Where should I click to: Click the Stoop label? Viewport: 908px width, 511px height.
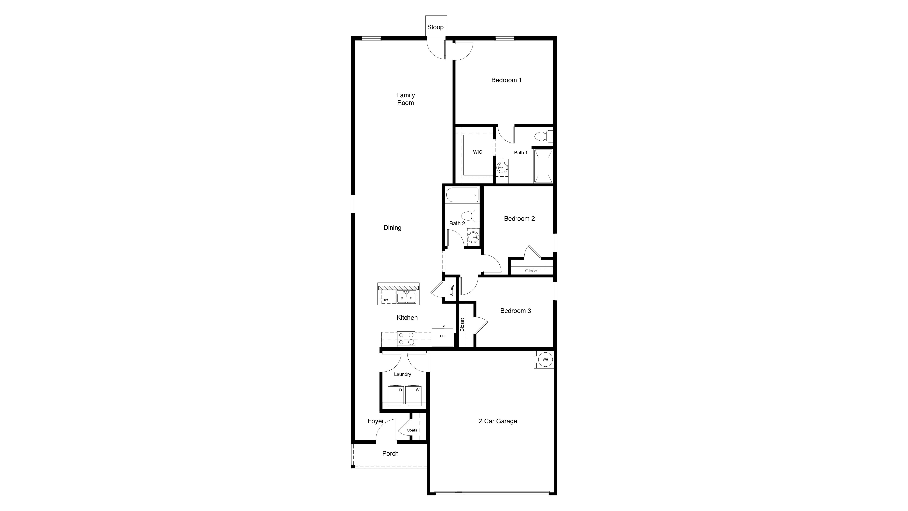[x=435, y=27]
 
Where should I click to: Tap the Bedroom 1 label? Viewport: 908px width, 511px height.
[x=506, y=80]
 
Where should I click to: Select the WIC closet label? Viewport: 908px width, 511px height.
[x=478, y=152]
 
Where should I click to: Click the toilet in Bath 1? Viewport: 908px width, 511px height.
[x=543, y=136]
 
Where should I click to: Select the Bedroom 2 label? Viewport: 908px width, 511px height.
[x=519, y=219]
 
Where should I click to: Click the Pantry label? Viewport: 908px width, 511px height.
[x=452, y=290]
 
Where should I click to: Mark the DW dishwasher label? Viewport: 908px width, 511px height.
[x=385, y=300]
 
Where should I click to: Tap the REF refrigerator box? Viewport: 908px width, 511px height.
[x=443, y=337]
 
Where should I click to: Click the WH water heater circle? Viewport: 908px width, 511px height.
[x=545, y=360]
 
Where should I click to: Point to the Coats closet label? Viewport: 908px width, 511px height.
[x=412, y=430]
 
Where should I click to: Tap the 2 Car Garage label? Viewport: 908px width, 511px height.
[x=498, y=421]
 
